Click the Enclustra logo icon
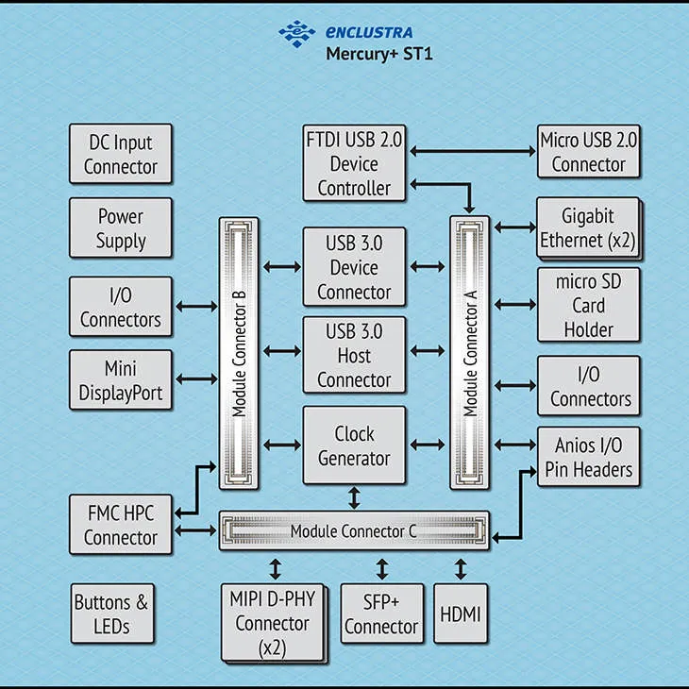coord(297,33)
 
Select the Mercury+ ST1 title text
coord(379,54)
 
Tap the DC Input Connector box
coord(121,154)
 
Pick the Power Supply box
coord(121,227)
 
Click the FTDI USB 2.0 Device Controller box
coord(354,163)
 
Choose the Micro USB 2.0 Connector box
coord(588,151)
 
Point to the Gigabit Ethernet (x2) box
coord(588,228)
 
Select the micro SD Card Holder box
coord(588,305)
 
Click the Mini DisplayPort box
coord(121,380)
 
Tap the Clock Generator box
coord(354,445)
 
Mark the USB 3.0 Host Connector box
coord(354,355)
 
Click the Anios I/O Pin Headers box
coord(588,457)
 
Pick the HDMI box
coord(460,613)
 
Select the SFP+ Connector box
coord(382,613)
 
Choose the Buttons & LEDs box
coord(112,613)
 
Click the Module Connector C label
coord(353,531)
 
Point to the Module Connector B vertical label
coord(239,354)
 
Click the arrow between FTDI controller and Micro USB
coord(473,151)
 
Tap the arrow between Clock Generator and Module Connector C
coord(354,497)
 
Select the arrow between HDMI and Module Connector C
coord(461,568)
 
